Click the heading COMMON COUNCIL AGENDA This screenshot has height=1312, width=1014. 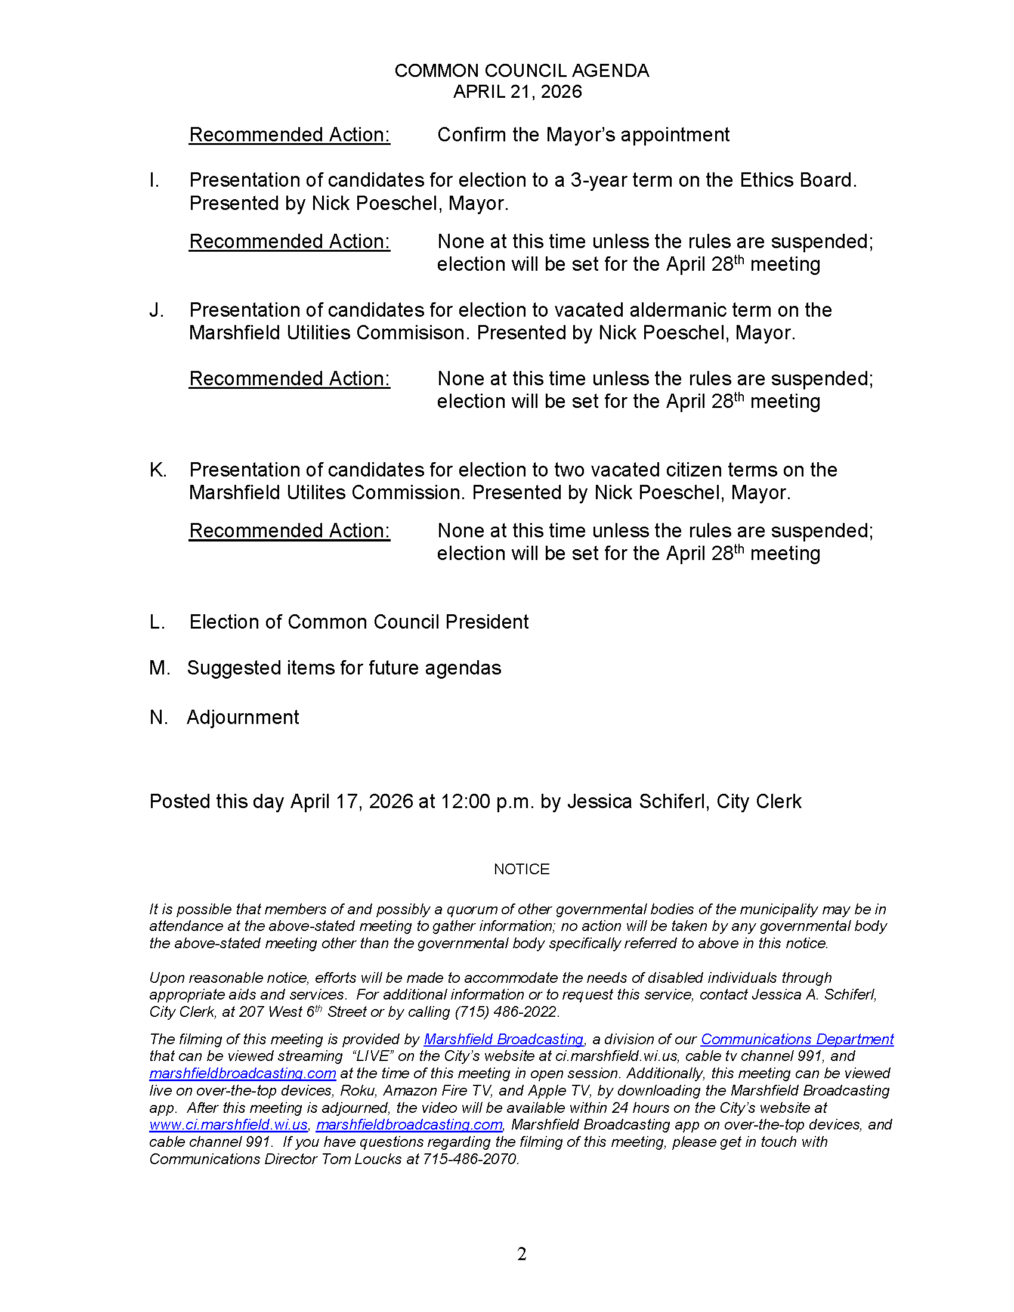pos(521,71)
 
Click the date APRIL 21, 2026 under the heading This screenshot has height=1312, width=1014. pos(517,92)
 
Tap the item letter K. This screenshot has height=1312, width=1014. pos(157,470)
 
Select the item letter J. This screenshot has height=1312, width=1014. pos(156,310)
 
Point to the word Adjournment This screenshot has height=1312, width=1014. pos(243,717)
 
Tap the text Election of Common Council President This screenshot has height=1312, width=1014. pos(358,622)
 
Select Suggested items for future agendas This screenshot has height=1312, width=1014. pos(344,668)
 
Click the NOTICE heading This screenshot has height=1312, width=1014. pos(521,869)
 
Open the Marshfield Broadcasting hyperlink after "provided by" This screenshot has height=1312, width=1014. pos(503,1039)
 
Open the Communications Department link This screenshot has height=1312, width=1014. pos(797,1039)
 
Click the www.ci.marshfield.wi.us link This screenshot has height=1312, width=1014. pos(228,1125)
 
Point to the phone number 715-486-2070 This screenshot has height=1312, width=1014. pos(470,1159)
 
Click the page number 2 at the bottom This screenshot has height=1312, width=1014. pos(521,1254)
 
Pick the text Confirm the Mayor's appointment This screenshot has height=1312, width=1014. pos(583,135)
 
